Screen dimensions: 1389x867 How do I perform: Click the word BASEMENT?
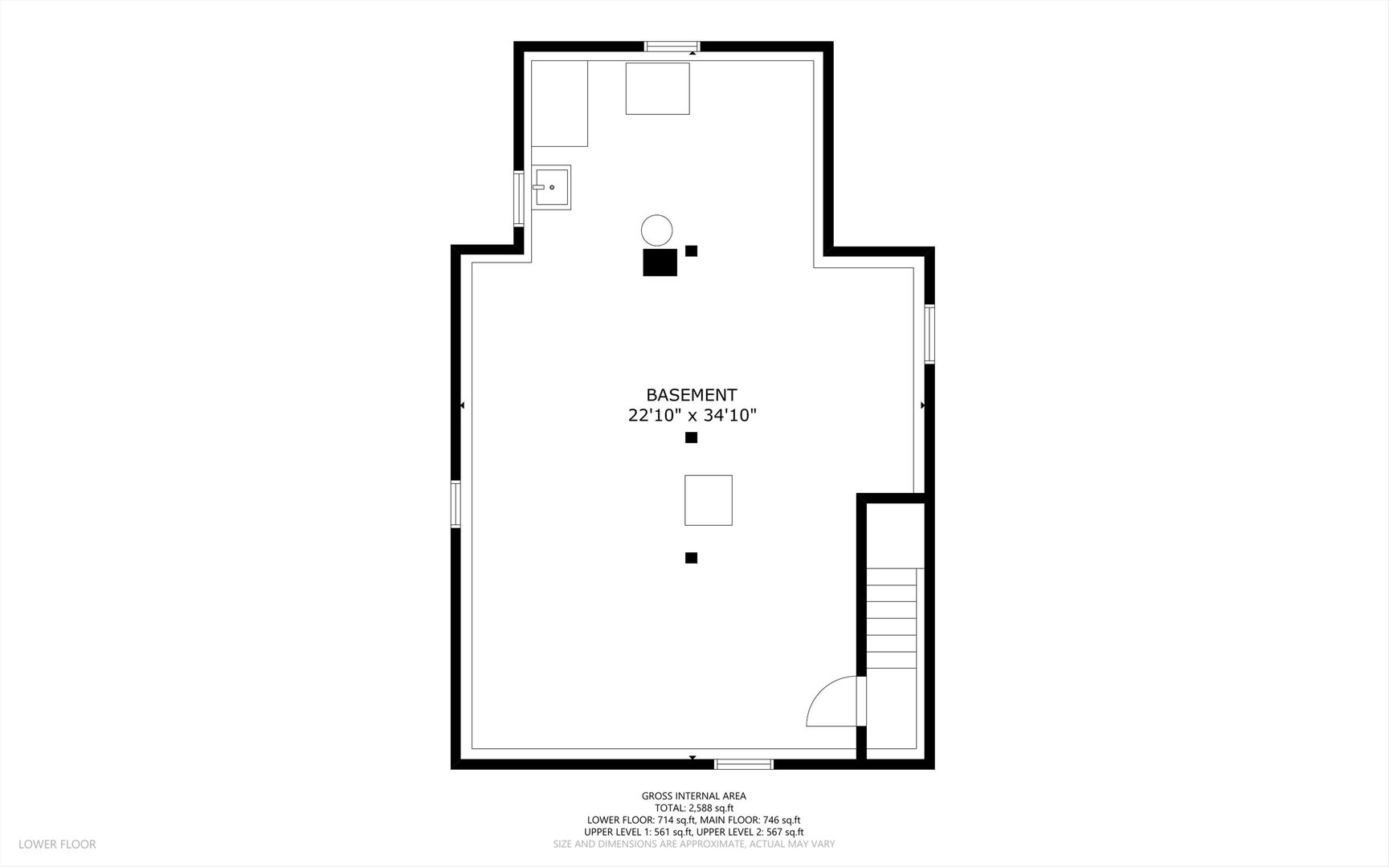point(692,395)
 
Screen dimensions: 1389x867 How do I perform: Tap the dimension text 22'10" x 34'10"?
point(692,415)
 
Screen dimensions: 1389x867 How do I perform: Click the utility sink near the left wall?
point(551,188)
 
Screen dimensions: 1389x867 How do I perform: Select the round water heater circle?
point(656,230)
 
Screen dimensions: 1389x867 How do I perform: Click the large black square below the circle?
point(660,263)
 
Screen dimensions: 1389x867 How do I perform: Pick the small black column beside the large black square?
point(691,250)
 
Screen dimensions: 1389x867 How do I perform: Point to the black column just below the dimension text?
point(691,438)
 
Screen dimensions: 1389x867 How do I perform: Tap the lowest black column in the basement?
point(691,558)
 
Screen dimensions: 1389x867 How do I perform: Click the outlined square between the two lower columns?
point(709,500)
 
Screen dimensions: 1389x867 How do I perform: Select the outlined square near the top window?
point(658,88)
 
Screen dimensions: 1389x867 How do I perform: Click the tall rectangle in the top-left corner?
point(559,104)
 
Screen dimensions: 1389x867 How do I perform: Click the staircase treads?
point(892,618)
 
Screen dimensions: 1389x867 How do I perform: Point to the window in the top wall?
point(672,47)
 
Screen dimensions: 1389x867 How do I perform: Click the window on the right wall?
point(929,333)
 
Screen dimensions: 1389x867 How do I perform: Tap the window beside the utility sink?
point(519,199)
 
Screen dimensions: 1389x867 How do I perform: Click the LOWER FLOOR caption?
point(57,844)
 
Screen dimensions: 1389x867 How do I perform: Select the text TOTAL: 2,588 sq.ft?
point(694,808)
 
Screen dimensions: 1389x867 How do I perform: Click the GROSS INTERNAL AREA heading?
point(694,796)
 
